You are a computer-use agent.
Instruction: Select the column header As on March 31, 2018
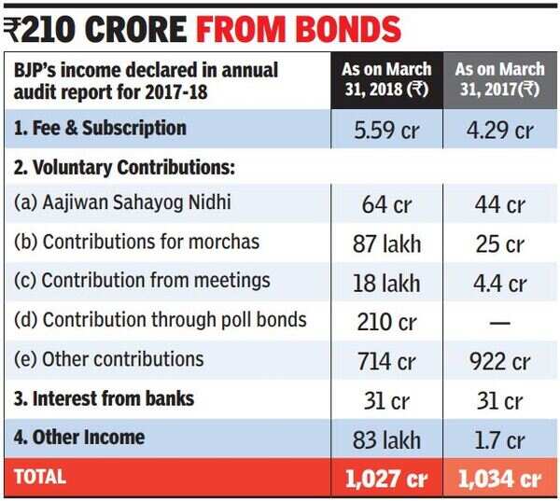point(386,81)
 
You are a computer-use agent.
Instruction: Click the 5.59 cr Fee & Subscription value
point(386,130)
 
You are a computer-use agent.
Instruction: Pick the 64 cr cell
point(386,205)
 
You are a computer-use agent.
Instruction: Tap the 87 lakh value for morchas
point(386,244)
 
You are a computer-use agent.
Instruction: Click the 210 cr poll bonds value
point(386,323)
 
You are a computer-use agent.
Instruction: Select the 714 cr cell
point(386,361)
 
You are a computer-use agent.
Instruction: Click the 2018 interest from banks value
point(386,400)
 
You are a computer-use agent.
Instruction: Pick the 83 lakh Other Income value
point(386,439)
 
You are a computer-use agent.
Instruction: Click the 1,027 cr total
point(386,479)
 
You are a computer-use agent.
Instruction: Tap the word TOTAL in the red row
point(39,477)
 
